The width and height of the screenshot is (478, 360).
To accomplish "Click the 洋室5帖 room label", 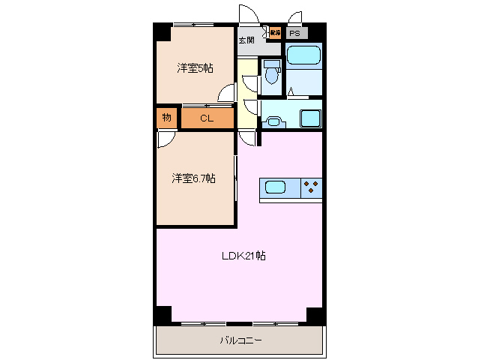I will (195, 68).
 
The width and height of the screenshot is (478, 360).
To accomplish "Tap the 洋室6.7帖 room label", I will (194, 178).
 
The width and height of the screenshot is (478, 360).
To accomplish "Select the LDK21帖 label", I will (243, 256).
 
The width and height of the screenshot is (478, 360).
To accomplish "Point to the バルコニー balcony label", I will (240, 340).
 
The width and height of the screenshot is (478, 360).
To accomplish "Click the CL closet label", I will (207, 118).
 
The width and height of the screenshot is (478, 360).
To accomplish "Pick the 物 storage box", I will (166, 118).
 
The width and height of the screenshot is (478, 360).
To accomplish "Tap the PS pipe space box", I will (295, 34).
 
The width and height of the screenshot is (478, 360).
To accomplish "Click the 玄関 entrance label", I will (246, 40).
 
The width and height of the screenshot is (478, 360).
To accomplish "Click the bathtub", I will (303, 55).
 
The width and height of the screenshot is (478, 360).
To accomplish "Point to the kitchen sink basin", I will (273, 187).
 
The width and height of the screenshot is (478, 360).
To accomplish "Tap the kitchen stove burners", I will (312, 187).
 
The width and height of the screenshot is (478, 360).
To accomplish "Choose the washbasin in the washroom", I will (273, 121).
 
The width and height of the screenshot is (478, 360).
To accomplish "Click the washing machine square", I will (310, 118).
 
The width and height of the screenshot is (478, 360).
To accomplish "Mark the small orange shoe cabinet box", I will (274, 33).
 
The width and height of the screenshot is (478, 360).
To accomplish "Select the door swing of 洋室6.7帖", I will (166, 140).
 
